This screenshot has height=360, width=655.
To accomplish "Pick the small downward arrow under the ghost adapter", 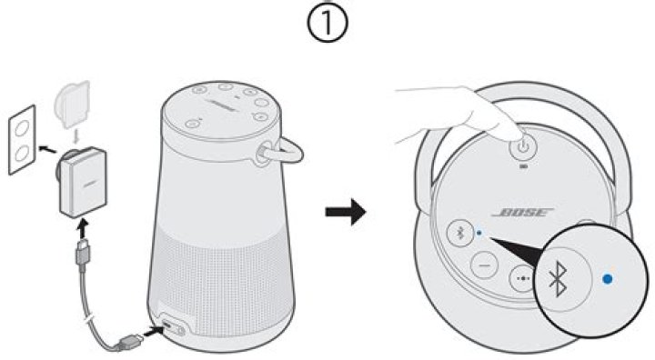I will coord(77,132).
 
